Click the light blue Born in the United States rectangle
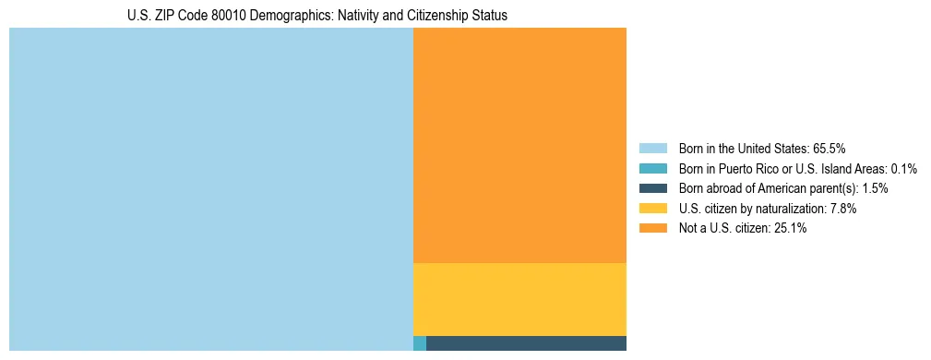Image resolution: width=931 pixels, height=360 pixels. point(210,189)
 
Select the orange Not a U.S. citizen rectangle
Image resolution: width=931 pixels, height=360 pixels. point(519,145)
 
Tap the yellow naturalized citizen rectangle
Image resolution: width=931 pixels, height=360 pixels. point(519,299)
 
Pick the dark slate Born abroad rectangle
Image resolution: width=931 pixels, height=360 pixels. point(526,343)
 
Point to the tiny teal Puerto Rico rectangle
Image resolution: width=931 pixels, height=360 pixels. point(420,343)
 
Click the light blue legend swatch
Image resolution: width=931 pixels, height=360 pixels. point(652,148)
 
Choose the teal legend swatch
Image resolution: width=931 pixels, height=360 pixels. point(652,168)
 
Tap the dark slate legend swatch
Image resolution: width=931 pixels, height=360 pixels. point(652,188)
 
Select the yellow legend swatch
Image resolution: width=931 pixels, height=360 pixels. point(652,209)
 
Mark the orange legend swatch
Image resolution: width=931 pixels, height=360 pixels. point(652,228)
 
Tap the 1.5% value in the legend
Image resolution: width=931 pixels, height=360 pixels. point(875,188)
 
